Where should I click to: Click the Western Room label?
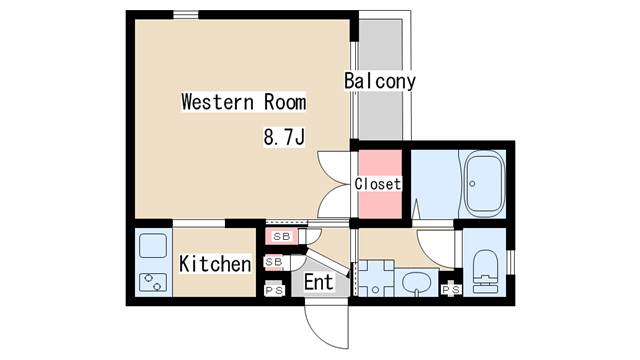(x=243, y=102)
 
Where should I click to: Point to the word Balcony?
(x=380, y=81)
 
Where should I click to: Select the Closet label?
(x=378, y=184)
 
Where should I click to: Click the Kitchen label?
(x=215, y=264)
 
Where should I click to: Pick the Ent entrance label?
(x=318, y=282)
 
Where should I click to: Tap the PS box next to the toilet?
(x=451, y=290)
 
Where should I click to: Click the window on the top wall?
(x=185, y=14)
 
